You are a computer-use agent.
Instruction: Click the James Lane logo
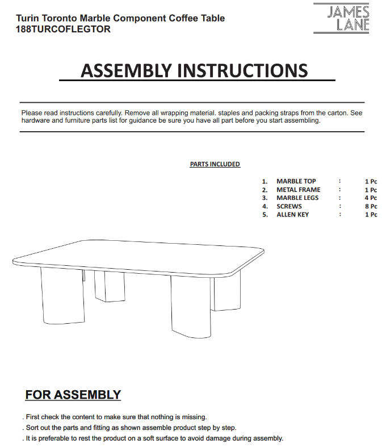pyautogui.click(x=349, y=18)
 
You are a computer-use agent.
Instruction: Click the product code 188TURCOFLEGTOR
pyautogui.click(x=64, y=30)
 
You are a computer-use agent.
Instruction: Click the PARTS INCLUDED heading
pyautogui.click(x=215, y=164)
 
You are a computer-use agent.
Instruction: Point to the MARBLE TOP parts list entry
pyautogui.click(x=296, y=181)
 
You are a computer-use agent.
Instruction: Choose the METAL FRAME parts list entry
pyautogui.click(x=298, y=190)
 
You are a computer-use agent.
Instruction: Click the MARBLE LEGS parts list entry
pyautogui.click(x=297, y=198)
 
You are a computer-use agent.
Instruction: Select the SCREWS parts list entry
pyautogui.click(x=289, y=206)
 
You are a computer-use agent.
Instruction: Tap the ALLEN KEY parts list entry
pyautogui.click(x=292, y=215)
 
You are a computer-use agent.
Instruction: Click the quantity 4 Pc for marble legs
pyautogui.click(x=371, y=198)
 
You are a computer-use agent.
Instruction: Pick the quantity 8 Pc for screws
pyautogui.click(x=371, y=206)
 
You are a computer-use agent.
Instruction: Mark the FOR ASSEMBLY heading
pyautogui.click(x=73, y=395)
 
